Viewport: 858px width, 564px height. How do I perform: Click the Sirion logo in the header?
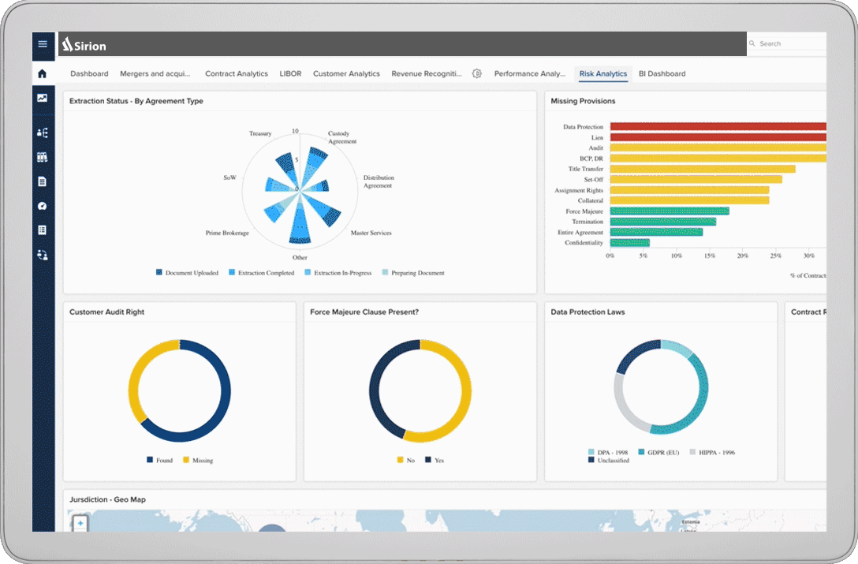point(84,44)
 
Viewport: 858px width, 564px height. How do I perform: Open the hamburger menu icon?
point(43,44)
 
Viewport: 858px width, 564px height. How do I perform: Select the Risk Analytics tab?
point(602,73)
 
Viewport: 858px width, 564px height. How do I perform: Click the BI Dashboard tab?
point(662,73)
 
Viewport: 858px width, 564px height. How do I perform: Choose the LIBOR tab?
point(290,73)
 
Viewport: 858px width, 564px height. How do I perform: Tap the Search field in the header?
point(785,44)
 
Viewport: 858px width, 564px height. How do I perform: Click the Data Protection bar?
point(718,126)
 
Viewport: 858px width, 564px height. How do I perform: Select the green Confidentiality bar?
point(630,243)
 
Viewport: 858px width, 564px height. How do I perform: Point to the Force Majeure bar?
point(670,211)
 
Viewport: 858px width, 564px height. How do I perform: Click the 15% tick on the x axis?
point(710,256)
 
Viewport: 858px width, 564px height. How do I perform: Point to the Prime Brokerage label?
point(227,233)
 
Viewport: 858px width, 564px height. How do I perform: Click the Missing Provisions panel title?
point(583,101)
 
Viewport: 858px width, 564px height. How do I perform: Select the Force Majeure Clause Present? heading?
point(364,312)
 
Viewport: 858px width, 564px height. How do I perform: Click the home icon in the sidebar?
point(43,73)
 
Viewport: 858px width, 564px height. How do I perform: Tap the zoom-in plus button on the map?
point(80,523)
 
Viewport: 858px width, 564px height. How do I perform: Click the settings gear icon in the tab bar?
point(477,73)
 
